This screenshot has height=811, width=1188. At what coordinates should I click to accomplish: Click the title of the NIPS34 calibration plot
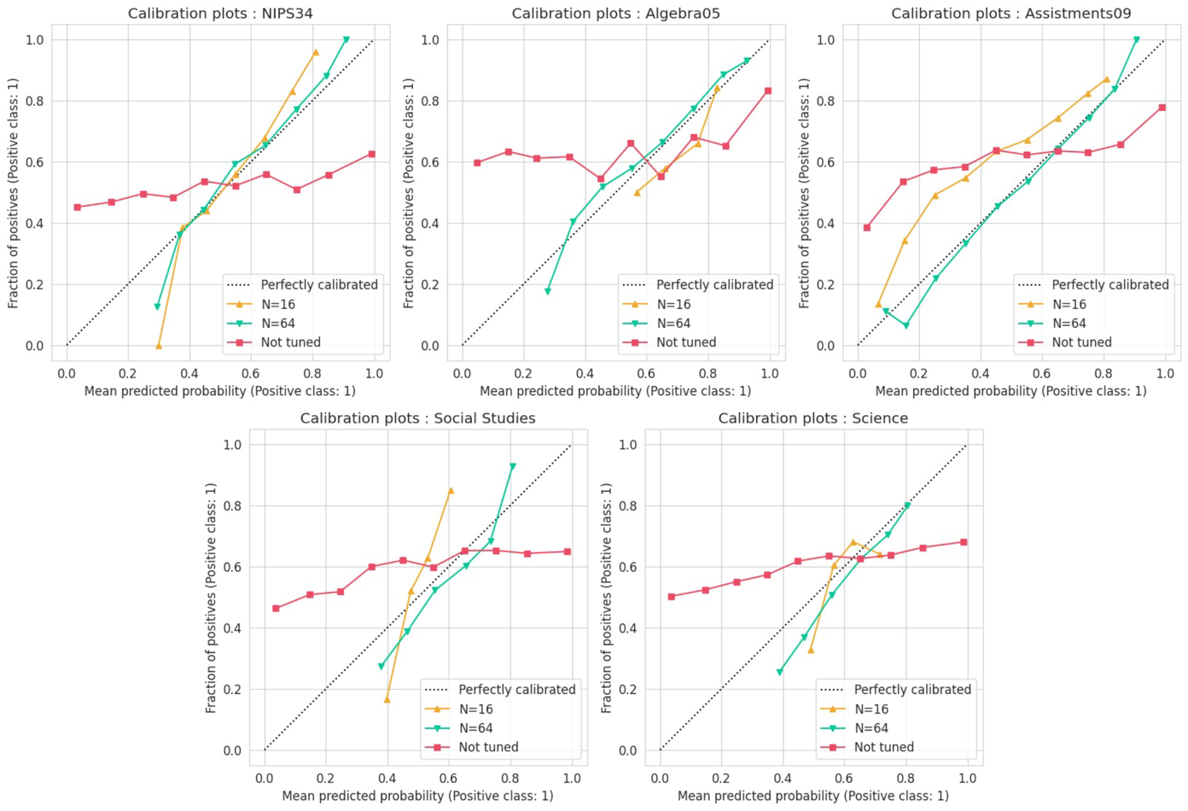click(x=219, y=14)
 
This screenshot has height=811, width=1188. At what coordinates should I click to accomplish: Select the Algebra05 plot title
click(x=614, y=14)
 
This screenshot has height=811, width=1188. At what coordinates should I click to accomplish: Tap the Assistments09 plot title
click(x=1010, y=14)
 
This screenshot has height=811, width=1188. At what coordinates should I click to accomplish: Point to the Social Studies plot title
click(x=417, y=418)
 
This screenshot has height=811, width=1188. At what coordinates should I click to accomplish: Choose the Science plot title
click(x=812, y=418)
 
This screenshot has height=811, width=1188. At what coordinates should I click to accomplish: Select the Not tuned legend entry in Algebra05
click(x=686, y=342)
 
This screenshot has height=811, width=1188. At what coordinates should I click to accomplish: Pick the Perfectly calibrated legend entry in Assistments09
click(x=1109, y=285)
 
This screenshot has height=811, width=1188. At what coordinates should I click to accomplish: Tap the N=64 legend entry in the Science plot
click(x=871, y=728)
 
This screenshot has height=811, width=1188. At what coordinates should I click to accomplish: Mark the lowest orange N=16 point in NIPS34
click(x=159, y=346)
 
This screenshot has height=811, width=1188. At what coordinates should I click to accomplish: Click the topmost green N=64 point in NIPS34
click(x=346, y=40)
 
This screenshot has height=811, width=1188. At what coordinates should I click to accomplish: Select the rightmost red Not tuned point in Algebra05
click(x=768, y=90)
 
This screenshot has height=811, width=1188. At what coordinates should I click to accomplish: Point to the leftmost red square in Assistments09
click(x=867, y=228)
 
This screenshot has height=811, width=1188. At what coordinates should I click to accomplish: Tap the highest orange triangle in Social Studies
click(x=451, y=491)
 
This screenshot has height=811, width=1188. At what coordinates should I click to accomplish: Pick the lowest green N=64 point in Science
click(x=779, y=673)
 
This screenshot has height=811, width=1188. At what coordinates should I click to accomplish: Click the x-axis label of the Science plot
click(x=812, y=796)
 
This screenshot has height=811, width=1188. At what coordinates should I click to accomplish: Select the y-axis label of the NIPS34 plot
click(x=13, y=193)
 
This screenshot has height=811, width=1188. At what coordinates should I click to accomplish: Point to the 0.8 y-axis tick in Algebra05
click(x=430, y=101)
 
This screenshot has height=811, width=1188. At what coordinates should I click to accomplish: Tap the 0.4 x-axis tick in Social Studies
click(x=387, y=779)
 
